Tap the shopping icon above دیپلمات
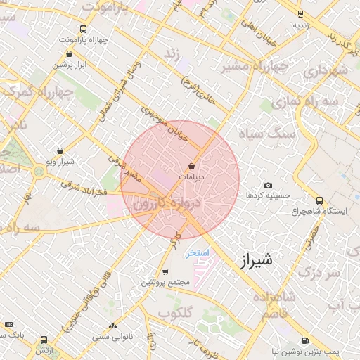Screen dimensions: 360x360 pyautogui.click(x=191, y=166)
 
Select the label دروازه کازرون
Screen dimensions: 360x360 pyautogui.click(x=167, y=204)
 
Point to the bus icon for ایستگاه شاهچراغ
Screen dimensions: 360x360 pyautogui.click(x=320, y=200)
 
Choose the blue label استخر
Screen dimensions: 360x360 pyautogui.click(x=197, y=252)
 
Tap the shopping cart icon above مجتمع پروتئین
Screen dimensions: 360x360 pyautogui.click(x=165, y=272)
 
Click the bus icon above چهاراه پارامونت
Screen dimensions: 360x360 pyautogui.click(x=84, y=30)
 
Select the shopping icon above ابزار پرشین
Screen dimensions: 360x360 pyautogui.click(x=60, y=54)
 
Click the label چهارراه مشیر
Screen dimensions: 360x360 pyautogui.click(x=255, y=67)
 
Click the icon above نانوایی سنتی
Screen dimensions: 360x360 pyautogui.click(x=112, y=326)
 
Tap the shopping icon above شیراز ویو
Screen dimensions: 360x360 pyautogui.click(x=60, y=150)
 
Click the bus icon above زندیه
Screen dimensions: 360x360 pyautogui.click(x=300, y=14)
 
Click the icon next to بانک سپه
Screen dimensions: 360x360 pyautogui.click(x=8, y=324)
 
